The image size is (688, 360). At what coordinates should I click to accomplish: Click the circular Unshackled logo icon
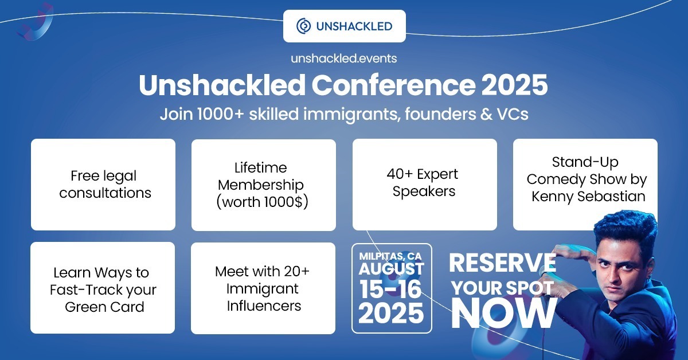point(303,26)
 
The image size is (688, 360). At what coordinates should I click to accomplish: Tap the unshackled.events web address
point(343,58)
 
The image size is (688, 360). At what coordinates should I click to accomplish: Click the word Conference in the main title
point(393,85)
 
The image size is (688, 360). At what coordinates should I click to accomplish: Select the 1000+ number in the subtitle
point(221,114)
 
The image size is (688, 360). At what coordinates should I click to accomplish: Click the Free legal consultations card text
point(105,185)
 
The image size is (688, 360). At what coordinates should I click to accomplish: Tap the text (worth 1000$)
point(262,202)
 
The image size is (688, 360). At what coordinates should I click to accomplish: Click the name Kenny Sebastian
point(588,197)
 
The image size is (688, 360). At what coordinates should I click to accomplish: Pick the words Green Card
point(104,307)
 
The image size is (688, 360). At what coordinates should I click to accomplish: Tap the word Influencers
point(264,306)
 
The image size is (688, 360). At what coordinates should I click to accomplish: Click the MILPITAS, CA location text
point(390,256)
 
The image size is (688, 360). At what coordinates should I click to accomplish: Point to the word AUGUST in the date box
point(391,269)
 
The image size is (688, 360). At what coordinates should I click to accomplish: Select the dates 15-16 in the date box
point(390,289)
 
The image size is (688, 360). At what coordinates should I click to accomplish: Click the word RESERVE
point(502,263)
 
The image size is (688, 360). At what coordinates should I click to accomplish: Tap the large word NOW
point(504,314)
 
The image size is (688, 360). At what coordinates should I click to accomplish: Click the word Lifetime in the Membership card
point(260,168)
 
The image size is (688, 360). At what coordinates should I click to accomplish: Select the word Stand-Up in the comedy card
point(585,162)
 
